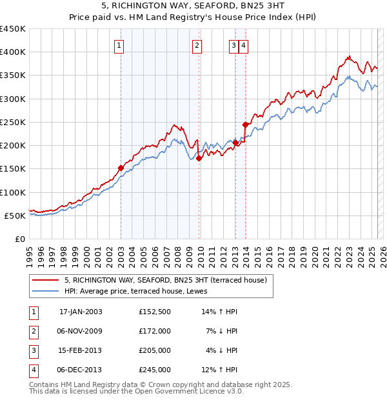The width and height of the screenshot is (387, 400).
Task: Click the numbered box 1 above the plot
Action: pyautogui.click(x=121, y=45)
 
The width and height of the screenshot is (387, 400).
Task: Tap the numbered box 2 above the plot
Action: pyautogui.click(x=196, y=45)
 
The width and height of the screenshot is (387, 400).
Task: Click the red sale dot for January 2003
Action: pyautogui.click(x=121, y=168)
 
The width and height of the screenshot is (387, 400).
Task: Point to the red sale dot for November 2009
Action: pyautogui.click(x=199, y=159)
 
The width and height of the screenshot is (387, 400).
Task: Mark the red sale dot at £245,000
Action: pyautogui.click(x=245, y=125)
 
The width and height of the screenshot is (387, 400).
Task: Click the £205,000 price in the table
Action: pyautogui.click(x=155, y=350)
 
